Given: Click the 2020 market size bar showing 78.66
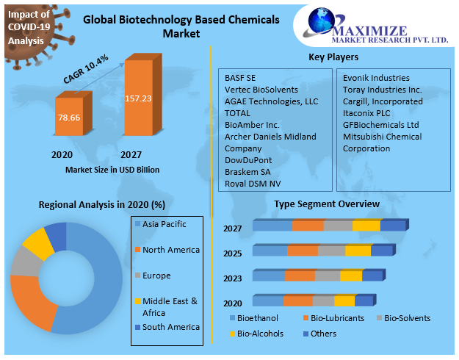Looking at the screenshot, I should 71,116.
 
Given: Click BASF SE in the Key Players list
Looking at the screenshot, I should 240,78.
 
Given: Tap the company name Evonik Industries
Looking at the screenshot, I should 376,78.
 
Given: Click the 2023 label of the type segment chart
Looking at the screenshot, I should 233,278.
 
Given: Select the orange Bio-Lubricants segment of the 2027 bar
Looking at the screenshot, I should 308,226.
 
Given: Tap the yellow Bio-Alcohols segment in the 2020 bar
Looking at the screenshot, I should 344,300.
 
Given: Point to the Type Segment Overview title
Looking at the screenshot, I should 327,204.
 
